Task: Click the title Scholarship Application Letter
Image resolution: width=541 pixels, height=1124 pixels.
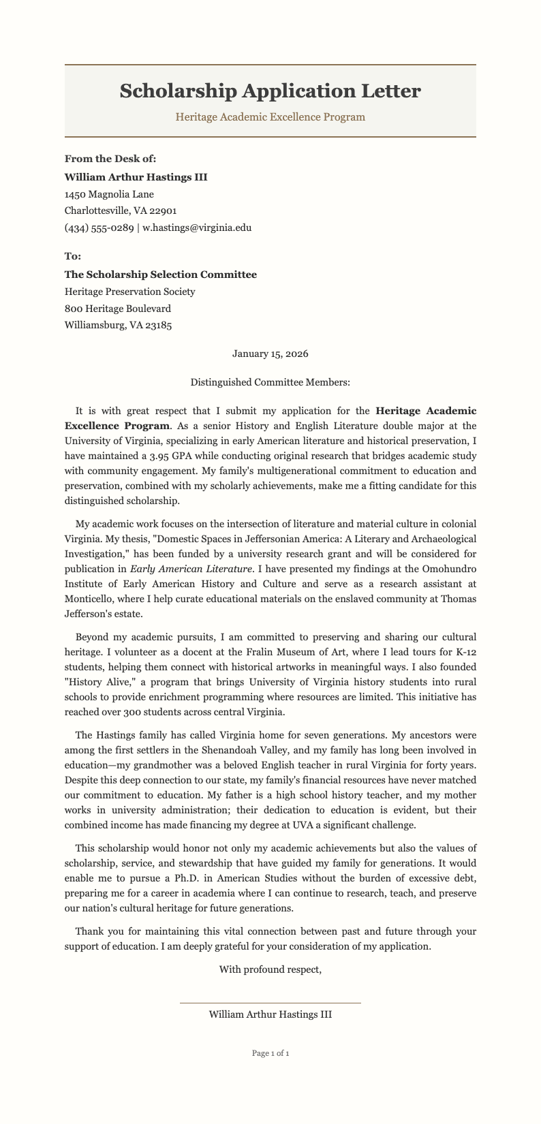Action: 270,91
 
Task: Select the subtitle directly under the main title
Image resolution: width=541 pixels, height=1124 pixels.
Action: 270,117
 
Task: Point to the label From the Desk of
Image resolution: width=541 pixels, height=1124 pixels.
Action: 110,159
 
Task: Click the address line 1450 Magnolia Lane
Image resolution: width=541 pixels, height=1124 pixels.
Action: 109,194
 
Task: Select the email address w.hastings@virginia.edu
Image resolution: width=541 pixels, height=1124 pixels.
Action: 197,228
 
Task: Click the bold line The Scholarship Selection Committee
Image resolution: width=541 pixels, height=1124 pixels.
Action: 160,275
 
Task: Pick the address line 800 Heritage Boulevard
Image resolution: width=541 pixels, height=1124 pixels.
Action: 118,309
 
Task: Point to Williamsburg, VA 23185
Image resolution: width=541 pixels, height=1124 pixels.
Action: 118,326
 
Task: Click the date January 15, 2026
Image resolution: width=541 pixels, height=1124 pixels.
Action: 270,354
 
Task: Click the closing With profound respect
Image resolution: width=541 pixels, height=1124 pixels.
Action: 270,969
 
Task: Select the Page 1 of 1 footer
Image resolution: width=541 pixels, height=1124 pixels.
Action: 270,1053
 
